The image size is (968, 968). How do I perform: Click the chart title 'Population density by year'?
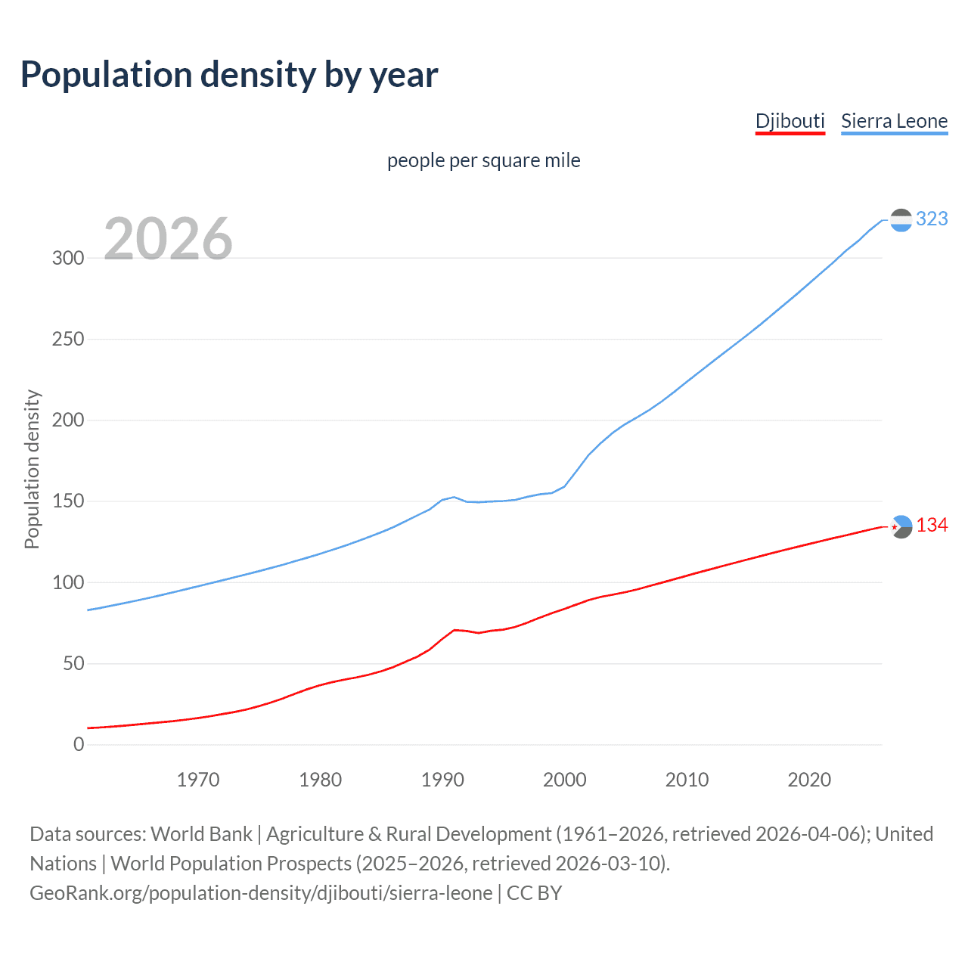[229, 75]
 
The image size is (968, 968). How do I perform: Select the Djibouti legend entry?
[790, 121]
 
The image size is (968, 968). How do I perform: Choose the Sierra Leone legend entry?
[894, 121]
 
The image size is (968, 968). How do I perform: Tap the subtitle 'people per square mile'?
[483, 160]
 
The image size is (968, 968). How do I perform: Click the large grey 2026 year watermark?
[168, 239]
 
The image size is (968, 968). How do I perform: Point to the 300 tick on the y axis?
[68, 258]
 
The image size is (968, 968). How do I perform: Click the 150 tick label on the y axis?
[68, 501]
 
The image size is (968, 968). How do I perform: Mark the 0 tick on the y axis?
[79, 745]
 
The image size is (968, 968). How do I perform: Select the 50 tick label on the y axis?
[73, 664]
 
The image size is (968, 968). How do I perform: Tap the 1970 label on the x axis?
[198, 780]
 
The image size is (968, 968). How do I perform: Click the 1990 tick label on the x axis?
[442, 780]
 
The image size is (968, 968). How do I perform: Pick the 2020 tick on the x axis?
[809, 780]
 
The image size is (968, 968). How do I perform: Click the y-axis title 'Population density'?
[32, 469]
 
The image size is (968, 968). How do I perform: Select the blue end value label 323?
[932, 219]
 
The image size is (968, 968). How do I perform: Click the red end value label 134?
[932, 525]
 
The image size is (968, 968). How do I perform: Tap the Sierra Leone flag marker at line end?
[901, 220]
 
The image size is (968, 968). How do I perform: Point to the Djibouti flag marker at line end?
[901, 526]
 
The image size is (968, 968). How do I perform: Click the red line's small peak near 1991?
[455, 630]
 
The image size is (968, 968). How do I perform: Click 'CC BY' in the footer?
[534, 893]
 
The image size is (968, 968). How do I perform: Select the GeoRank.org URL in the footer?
[261, 893]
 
